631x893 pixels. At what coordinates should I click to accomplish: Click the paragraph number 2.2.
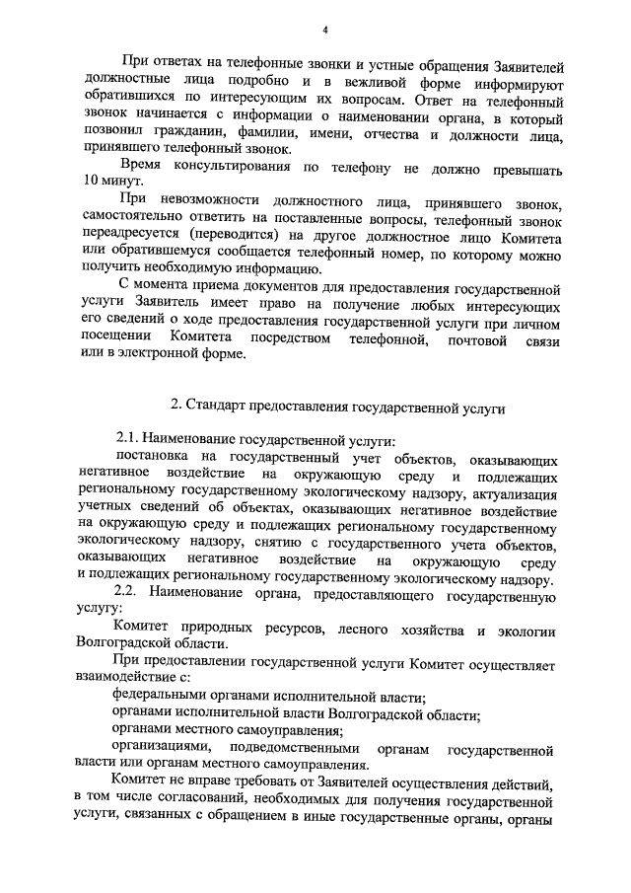coord(130,597)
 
